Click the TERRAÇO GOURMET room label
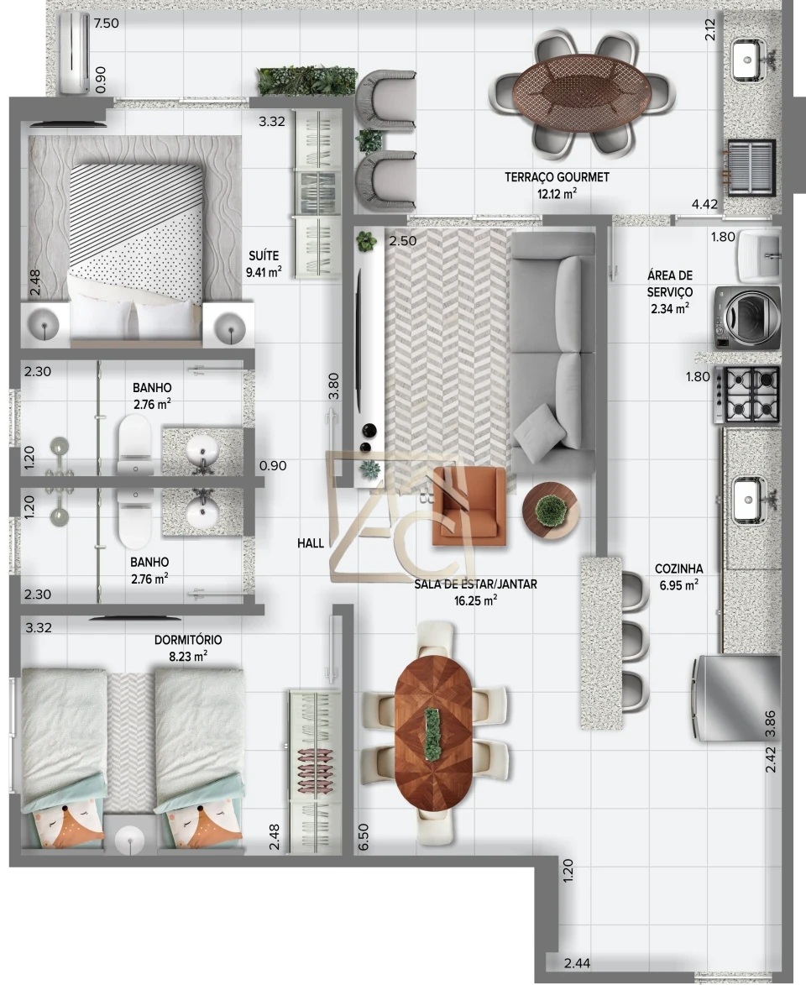[x=557, y=177]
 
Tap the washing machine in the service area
[x=747, y=317]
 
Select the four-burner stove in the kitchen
[x=747, y=395]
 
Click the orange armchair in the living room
[x=469, y=506]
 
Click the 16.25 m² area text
[x=475, y=600]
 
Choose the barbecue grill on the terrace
[x=751, y=168]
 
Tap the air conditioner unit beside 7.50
[x=74, y=52]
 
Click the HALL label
[x=311, y=543]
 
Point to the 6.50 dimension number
[x=363, y=838]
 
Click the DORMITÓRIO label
[x=188, y=640]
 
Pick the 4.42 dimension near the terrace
[x=704, y=204]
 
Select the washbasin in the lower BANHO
[x=202, y=512]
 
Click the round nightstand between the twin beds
[x=130, y=838]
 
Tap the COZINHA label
[x=678, y=568]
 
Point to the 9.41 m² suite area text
[x=264, y=271]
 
